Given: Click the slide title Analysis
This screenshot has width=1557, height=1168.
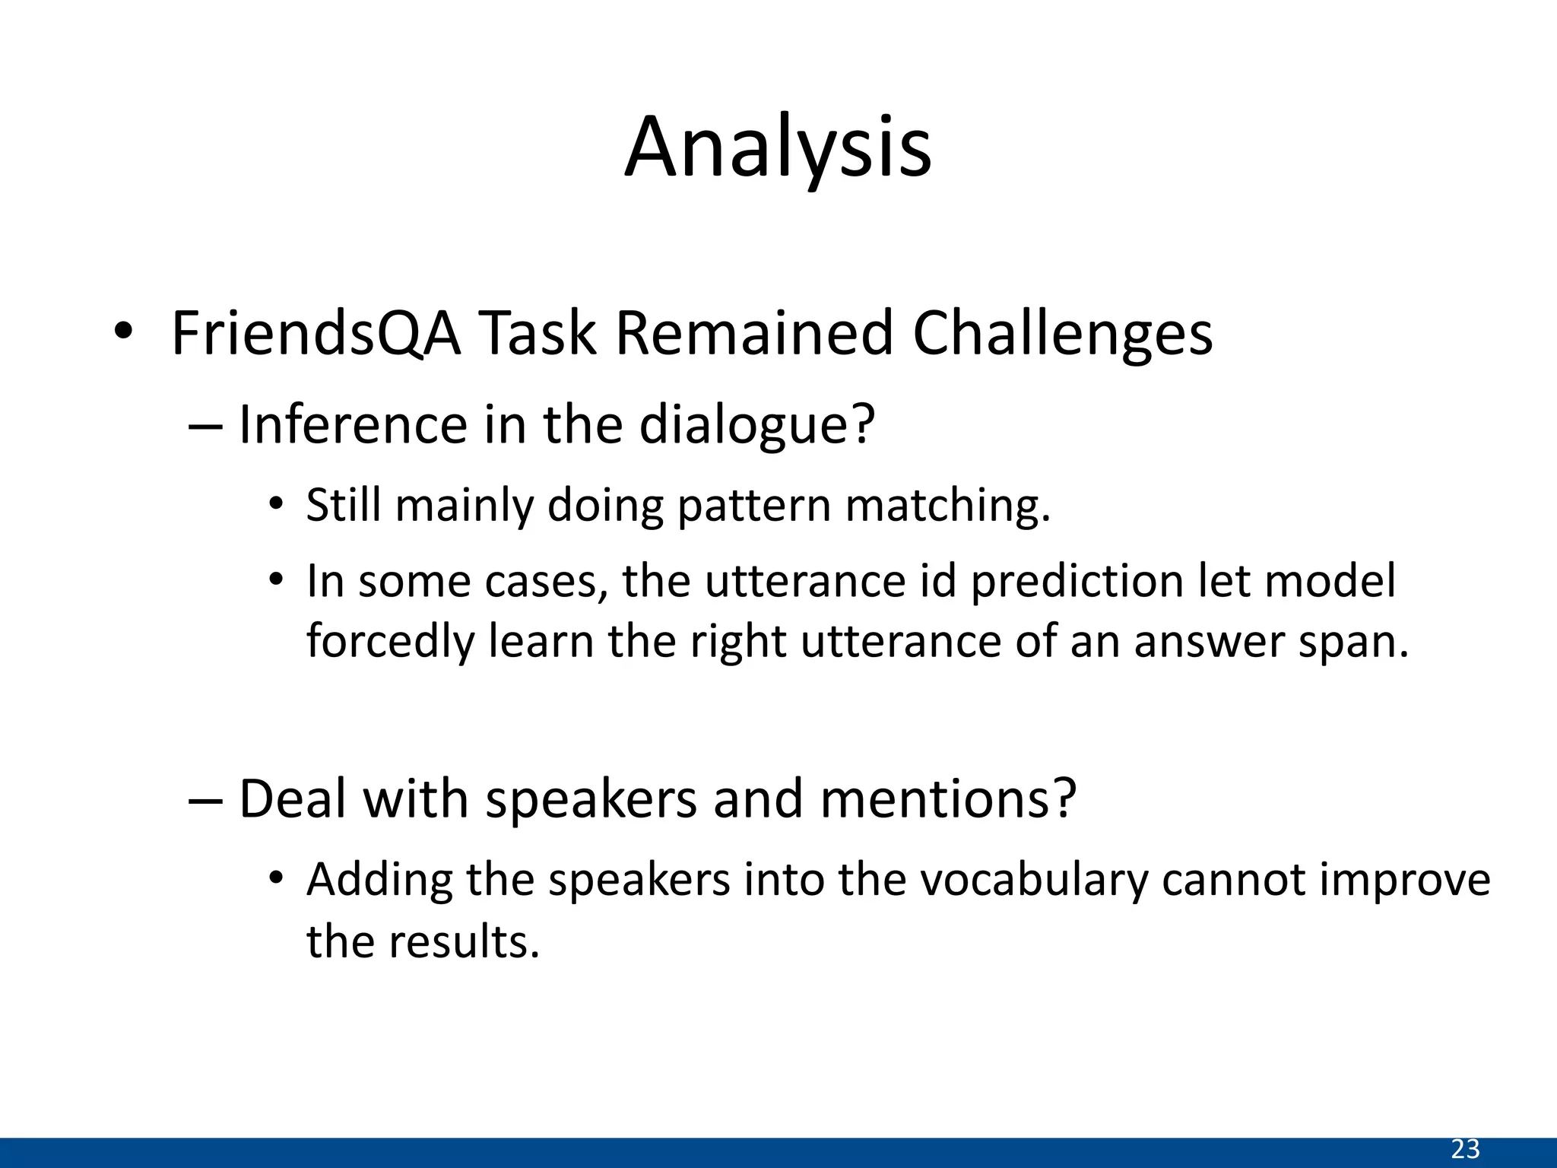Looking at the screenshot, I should pos(778,148).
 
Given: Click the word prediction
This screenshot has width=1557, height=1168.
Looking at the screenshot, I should pos(1077,581).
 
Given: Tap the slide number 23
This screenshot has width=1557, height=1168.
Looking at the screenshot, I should pos(1465,1149).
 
